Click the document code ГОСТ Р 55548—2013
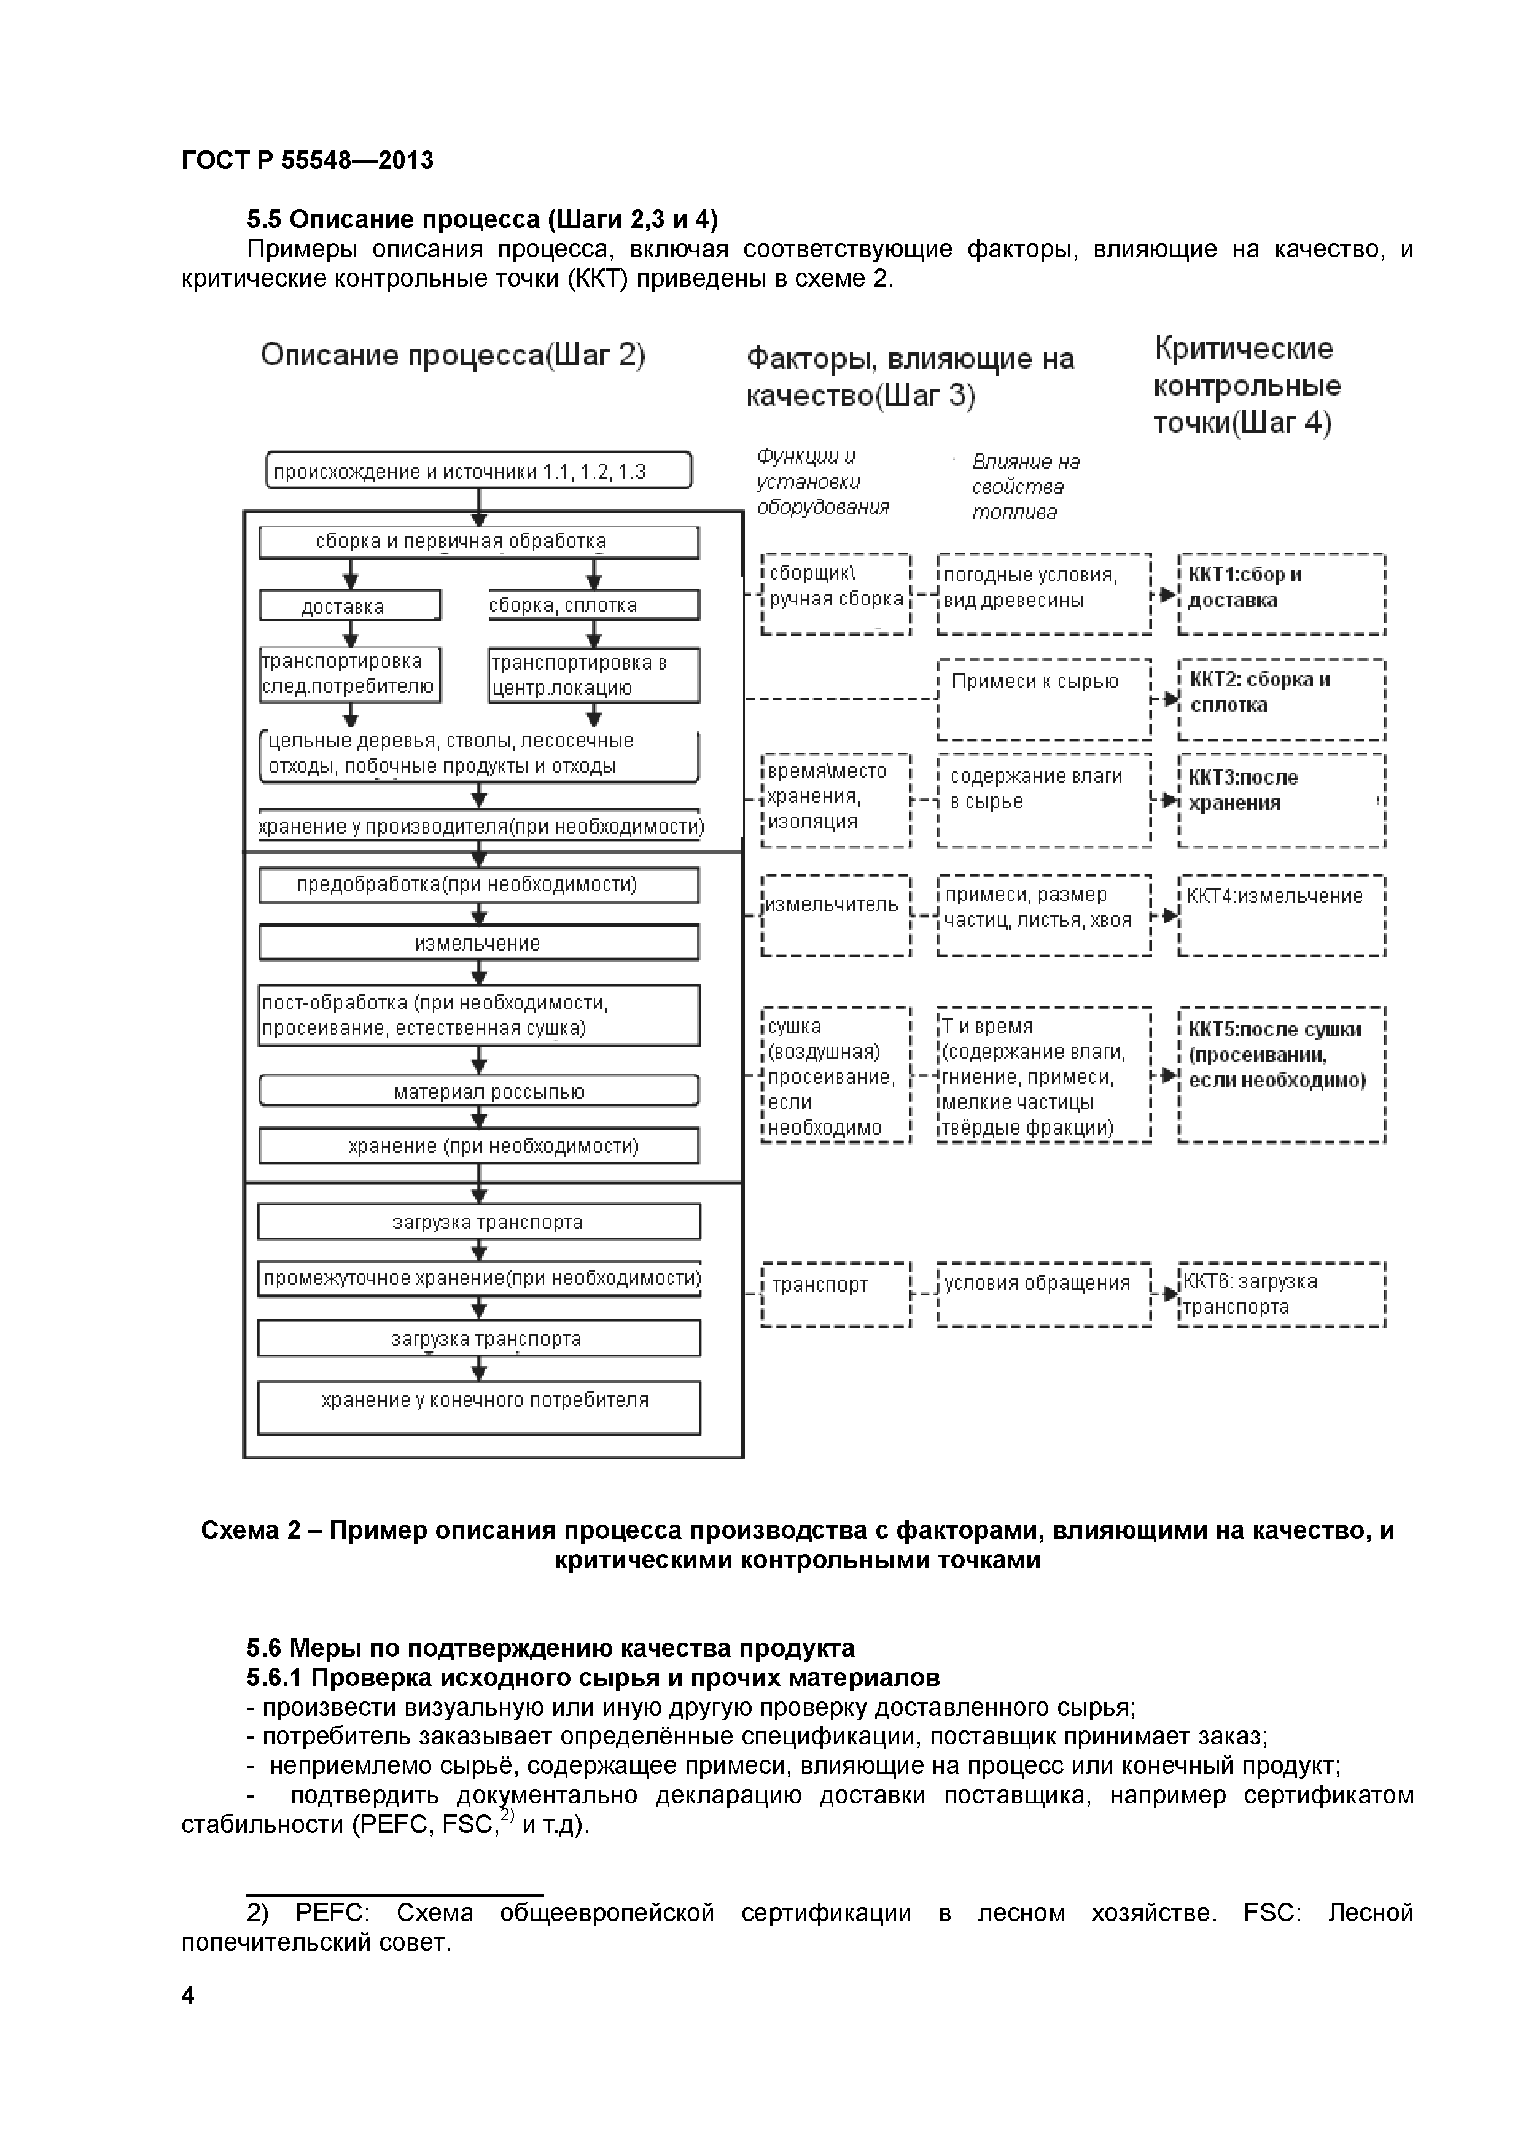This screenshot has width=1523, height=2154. [307, 160]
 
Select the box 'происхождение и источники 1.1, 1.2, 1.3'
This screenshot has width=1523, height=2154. [478, 470]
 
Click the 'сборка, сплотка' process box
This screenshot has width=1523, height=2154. [593, 605]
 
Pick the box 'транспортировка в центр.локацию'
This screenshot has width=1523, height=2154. [593, 675]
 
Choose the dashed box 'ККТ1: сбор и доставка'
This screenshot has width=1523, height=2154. [1281, 594]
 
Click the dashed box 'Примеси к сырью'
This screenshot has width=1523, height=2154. [1043, 699]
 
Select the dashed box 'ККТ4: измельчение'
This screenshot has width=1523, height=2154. [1281, 915]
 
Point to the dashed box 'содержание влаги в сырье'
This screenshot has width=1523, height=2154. [1043, 799]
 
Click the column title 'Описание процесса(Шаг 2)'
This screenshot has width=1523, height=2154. [453, 356]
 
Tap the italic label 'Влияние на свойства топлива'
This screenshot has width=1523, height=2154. [1025, 486]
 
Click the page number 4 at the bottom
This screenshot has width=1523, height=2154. [188, 1996]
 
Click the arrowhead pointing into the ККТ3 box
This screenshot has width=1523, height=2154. [1168, 800]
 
